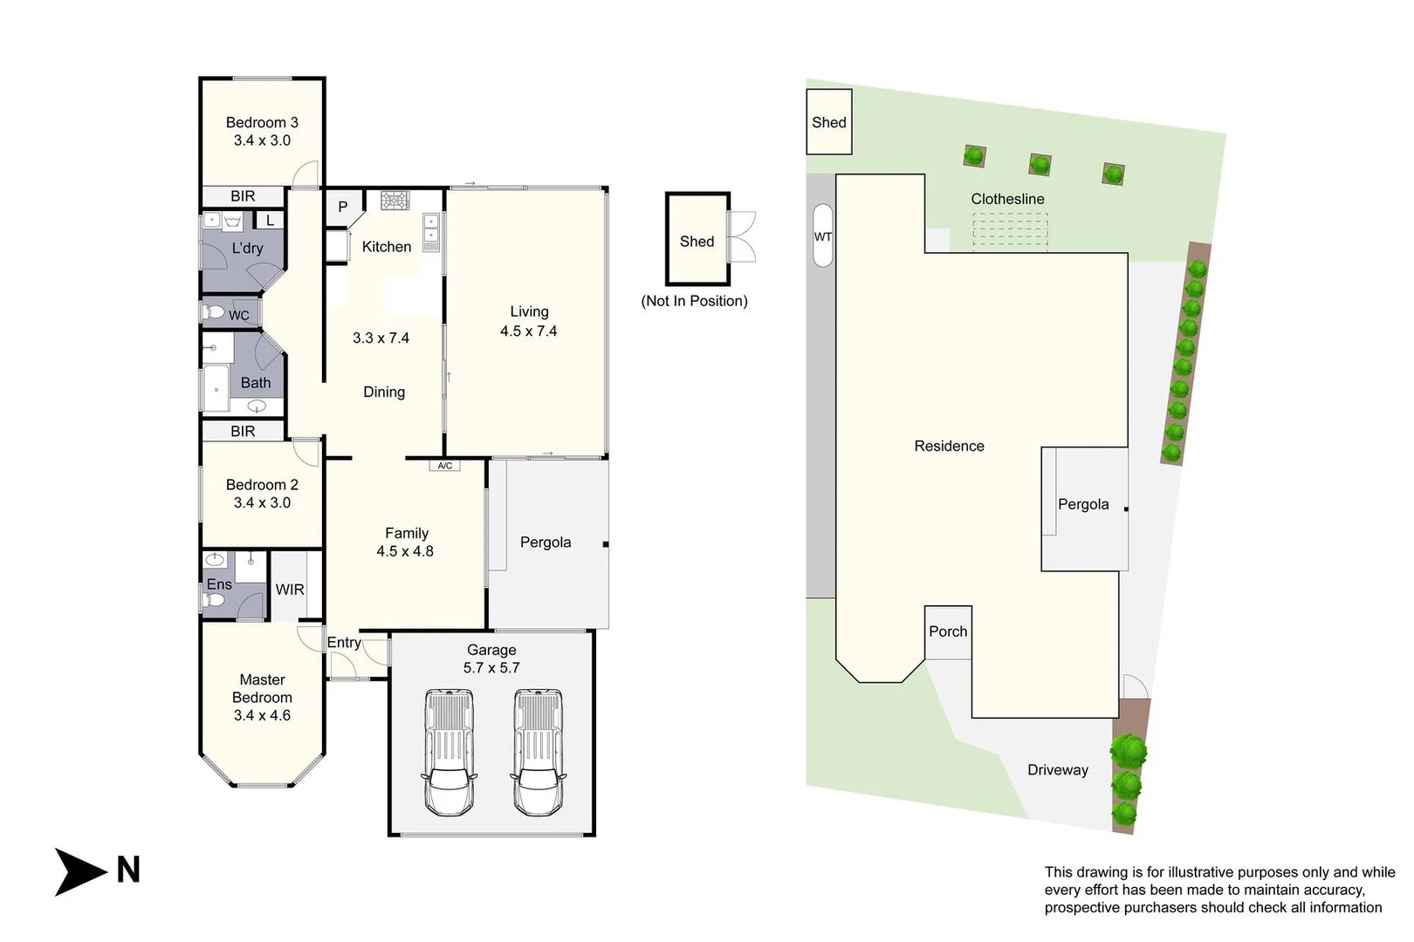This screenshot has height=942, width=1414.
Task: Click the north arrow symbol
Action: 81,870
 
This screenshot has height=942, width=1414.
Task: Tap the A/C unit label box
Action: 444,466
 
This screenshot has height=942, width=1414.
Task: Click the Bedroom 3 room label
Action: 262,123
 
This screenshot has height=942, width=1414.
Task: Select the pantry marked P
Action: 343,208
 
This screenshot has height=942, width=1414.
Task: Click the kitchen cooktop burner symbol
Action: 395,201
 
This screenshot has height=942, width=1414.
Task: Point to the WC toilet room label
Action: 238,316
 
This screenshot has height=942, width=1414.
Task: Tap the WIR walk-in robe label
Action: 290,590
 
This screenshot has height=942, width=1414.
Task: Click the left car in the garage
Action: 449,752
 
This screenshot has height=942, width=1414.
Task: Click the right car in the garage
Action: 537,752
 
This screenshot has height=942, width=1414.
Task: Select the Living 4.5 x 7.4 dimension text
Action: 528,331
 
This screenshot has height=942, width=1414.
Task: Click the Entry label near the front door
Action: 344,643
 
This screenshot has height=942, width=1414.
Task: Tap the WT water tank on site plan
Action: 822,236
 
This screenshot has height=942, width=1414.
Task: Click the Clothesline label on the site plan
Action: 1007,199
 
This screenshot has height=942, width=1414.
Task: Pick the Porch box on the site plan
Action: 948,631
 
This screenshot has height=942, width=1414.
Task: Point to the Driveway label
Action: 1057,770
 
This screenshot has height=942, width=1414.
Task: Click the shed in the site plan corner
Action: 828,122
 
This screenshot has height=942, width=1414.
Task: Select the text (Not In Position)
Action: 694,301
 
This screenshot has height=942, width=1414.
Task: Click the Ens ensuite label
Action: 219,584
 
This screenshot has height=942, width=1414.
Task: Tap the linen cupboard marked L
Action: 270,221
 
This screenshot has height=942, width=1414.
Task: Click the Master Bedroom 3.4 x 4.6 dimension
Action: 262,715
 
